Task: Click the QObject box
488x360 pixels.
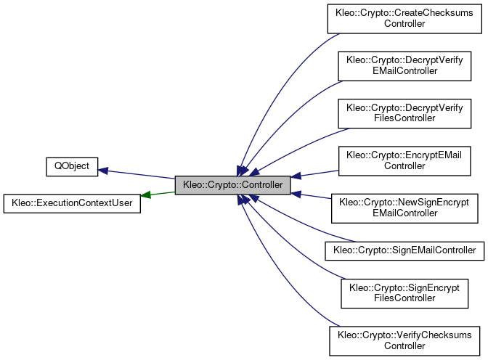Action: [x=71, y=166]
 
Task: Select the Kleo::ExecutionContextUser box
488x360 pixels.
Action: [x=71, y=202]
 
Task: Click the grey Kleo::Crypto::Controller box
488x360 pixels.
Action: [x=232, y=185]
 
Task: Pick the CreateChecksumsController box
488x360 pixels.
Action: [x=404, y=18]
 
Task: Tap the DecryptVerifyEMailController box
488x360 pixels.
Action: [x=404, y=65]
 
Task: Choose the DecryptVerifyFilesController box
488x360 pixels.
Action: [x=404, y=112]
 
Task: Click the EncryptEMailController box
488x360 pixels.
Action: [x=404, y=160]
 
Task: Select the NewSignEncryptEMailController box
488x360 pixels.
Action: [x=404, y=207]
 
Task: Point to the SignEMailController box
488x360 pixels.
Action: [x=404, y=250]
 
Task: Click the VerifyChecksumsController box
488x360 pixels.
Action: [x=404, y=340]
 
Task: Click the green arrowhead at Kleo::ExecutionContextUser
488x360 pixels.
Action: [x=145, y=195]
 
